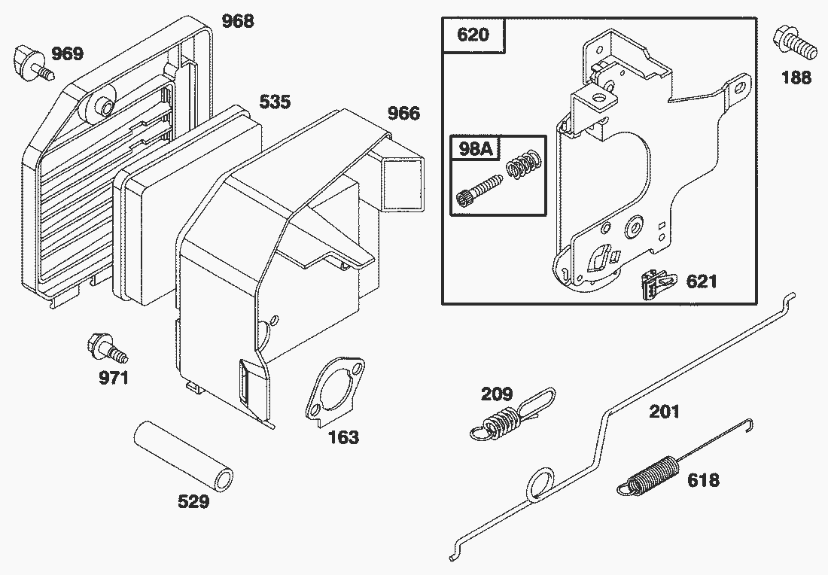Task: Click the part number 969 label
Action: point(67,53)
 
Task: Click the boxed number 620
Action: point(472,35)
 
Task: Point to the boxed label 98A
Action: point(475,148)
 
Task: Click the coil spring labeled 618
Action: point(651,476)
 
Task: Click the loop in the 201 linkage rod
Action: point(539,483)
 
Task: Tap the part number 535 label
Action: point(275,102)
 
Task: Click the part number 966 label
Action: point(403,114)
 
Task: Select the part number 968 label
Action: point(238,21)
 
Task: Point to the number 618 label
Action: point(702,480)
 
